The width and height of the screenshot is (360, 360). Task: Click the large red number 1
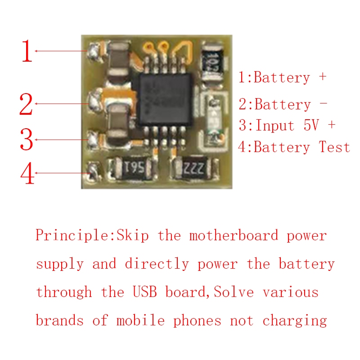(x=27, y=52)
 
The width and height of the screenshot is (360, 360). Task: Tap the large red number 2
(x=26, y=104)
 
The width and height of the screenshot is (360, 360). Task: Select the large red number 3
(x=27, y=140)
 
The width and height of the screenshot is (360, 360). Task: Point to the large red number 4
(x=27, y=173)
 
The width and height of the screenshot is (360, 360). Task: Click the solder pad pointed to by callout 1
(x=94, y=51)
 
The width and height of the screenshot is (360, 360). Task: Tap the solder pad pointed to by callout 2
(x=94, y=102)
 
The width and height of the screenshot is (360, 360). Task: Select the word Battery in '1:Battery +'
(x=282, y=77)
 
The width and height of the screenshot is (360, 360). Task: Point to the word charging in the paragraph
(x=294, y=321)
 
